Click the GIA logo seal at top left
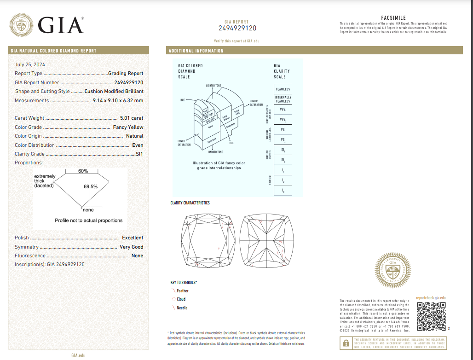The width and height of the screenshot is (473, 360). pos(21,25)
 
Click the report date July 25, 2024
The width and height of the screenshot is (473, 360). pos(30,64)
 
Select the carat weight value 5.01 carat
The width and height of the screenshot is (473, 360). pos(131,118)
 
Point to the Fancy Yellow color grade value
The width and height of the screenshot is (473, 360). pos(128,127)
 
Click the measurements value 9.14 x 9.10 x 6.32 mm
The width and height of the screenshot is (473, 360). pos(118,100)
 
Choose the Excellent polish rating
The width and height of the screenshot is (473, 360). pos(133,238)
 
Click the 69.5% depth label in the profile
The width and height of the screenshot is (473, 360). pos(90,187)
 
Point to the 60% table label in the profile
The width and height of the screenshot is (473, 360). pos(83,171)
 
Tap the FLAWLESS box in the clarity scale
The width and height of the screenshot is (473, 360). pos(283,89)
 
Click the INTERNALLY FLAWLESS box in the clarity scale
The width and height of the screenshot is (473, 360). pos(283,99)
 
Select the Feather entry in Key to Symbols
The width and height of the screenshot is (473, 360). pos(182,291)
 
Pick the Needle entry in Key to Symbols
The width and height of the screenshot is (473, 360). pos(182,308)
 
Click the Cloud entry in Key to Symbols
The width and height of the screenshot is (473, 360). pos(181,299)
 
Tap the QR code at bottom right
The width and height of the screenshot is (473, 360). pos(431,317)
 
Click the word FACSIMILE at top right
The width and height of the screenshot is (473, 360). pos(393,18)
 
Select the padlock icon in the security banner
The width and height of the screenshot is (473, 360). pos(345,343)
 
